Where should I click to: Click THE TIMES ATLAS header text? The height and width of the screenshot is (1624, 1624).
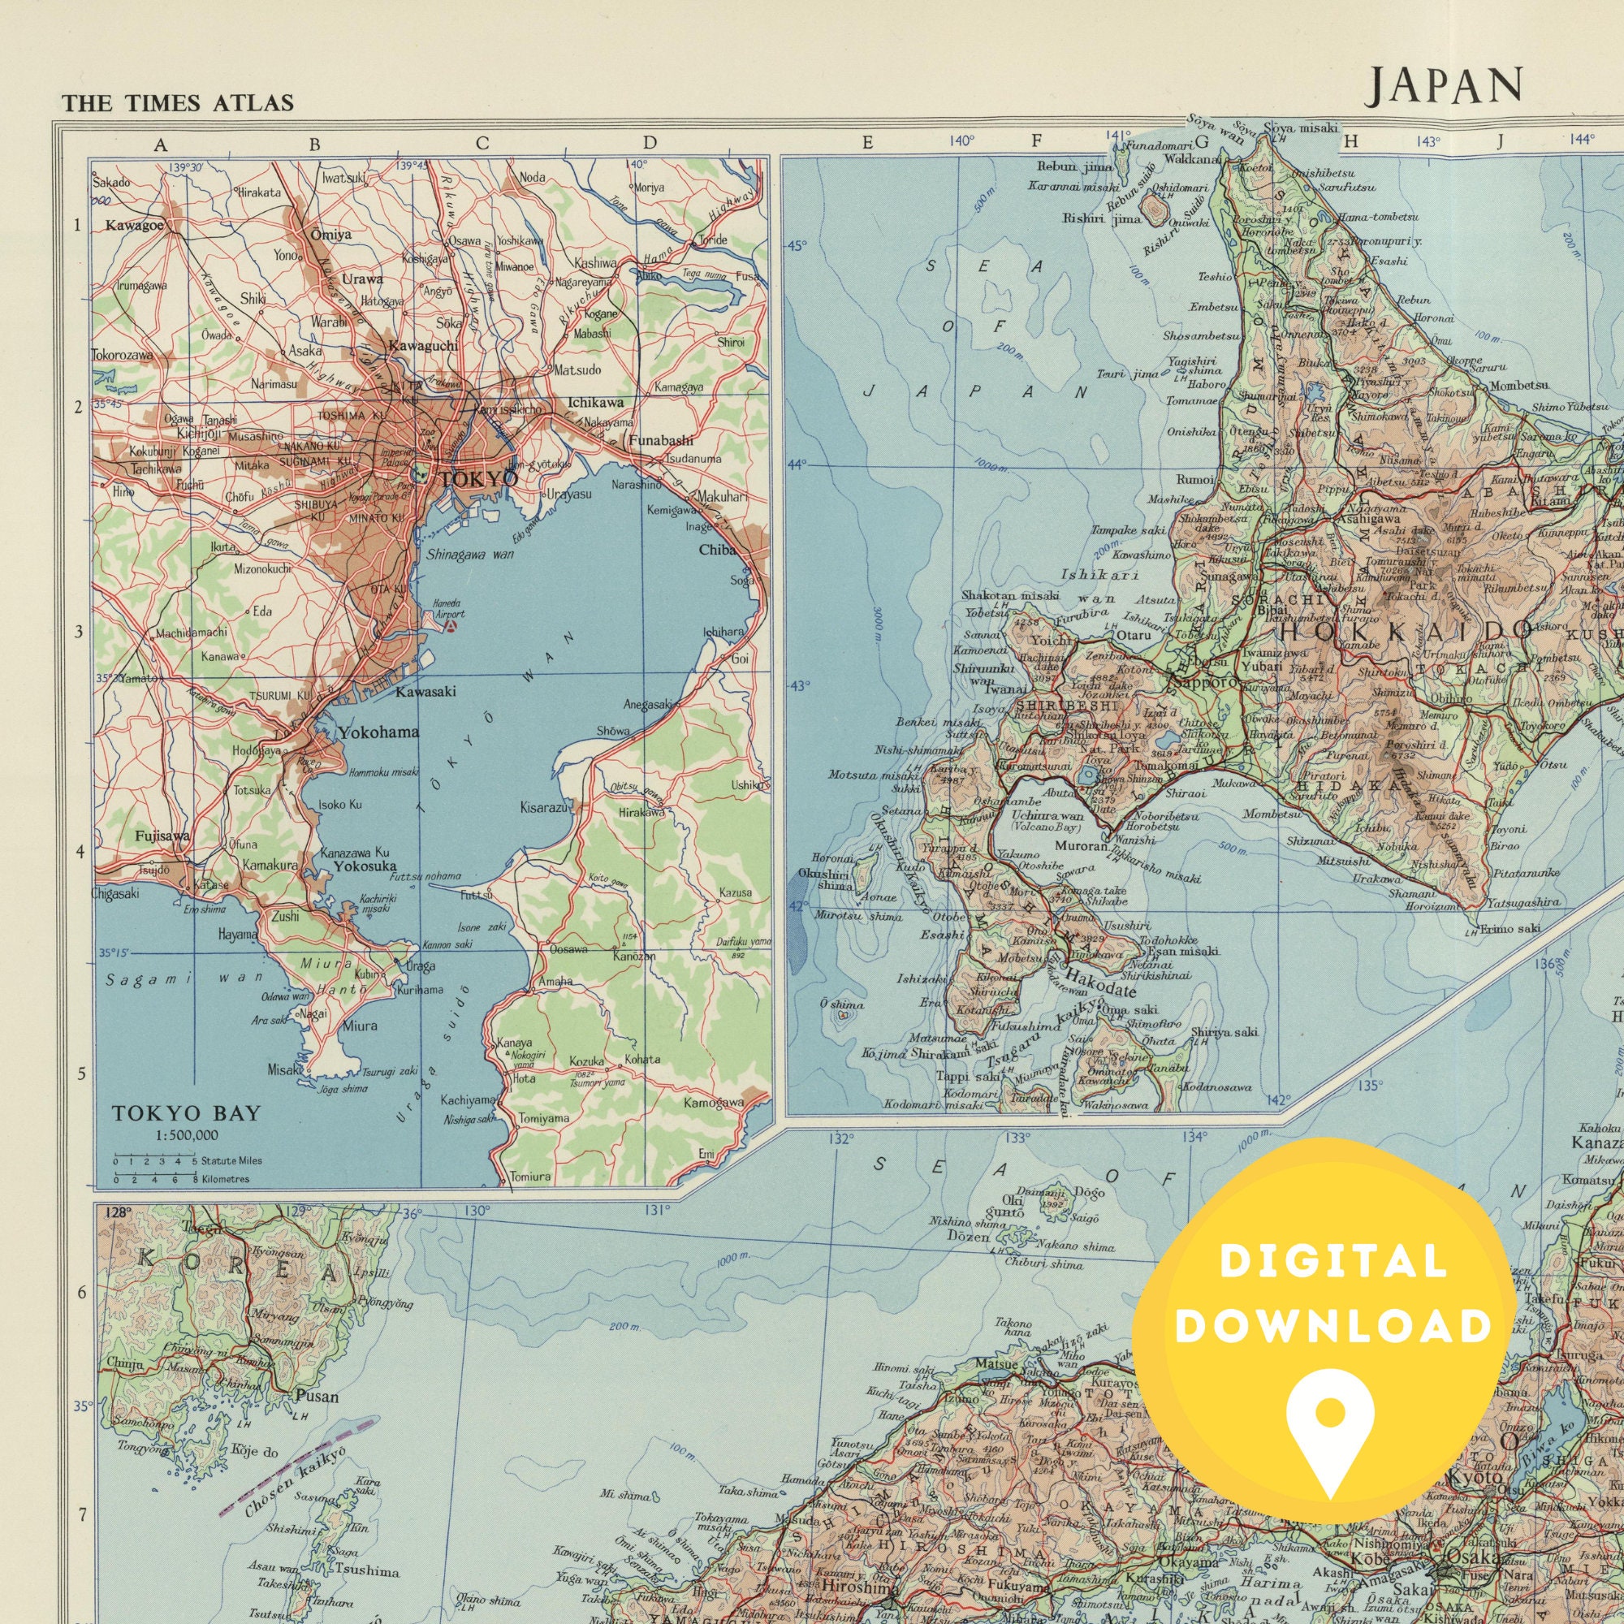[177, 103]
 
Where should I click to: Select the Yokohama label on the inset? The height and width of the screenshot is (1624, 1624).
[378, 732]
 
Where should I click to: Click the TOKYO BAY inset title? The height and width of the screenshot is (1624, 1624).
[187, 1113]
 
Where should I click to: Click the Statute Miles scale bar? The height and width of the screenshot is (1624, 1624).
[156, 1161]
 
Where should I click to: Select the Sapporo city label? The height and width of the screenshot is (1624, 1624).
[1204, 683]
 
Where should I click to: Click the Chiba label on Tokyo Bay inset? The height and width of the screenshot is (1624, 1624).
[717, 551]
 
